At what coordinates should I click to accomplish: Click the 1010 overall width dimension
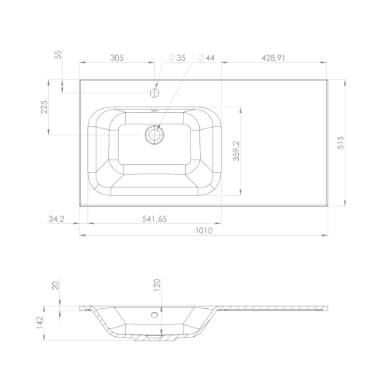point(204,230)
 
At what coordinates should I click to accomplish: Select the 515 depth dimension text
point(341,142)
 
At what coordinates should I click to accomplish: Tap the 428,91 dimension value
point(273,58)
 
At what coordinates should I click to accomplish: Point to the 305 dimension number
point(117,58)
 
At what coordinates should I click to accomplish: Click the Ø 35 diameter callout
point(177,58)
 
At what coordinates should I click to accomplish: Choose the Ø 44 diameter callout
point(206,58)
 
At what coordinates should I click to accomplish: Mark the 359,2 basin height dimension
point(237,151)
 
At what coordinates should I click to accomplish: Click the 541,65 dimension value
point(154,219)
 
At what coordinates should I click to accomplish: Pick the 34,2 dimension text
point(56,219)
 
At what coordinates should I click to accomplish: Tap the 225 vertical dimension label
point(44,107)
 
